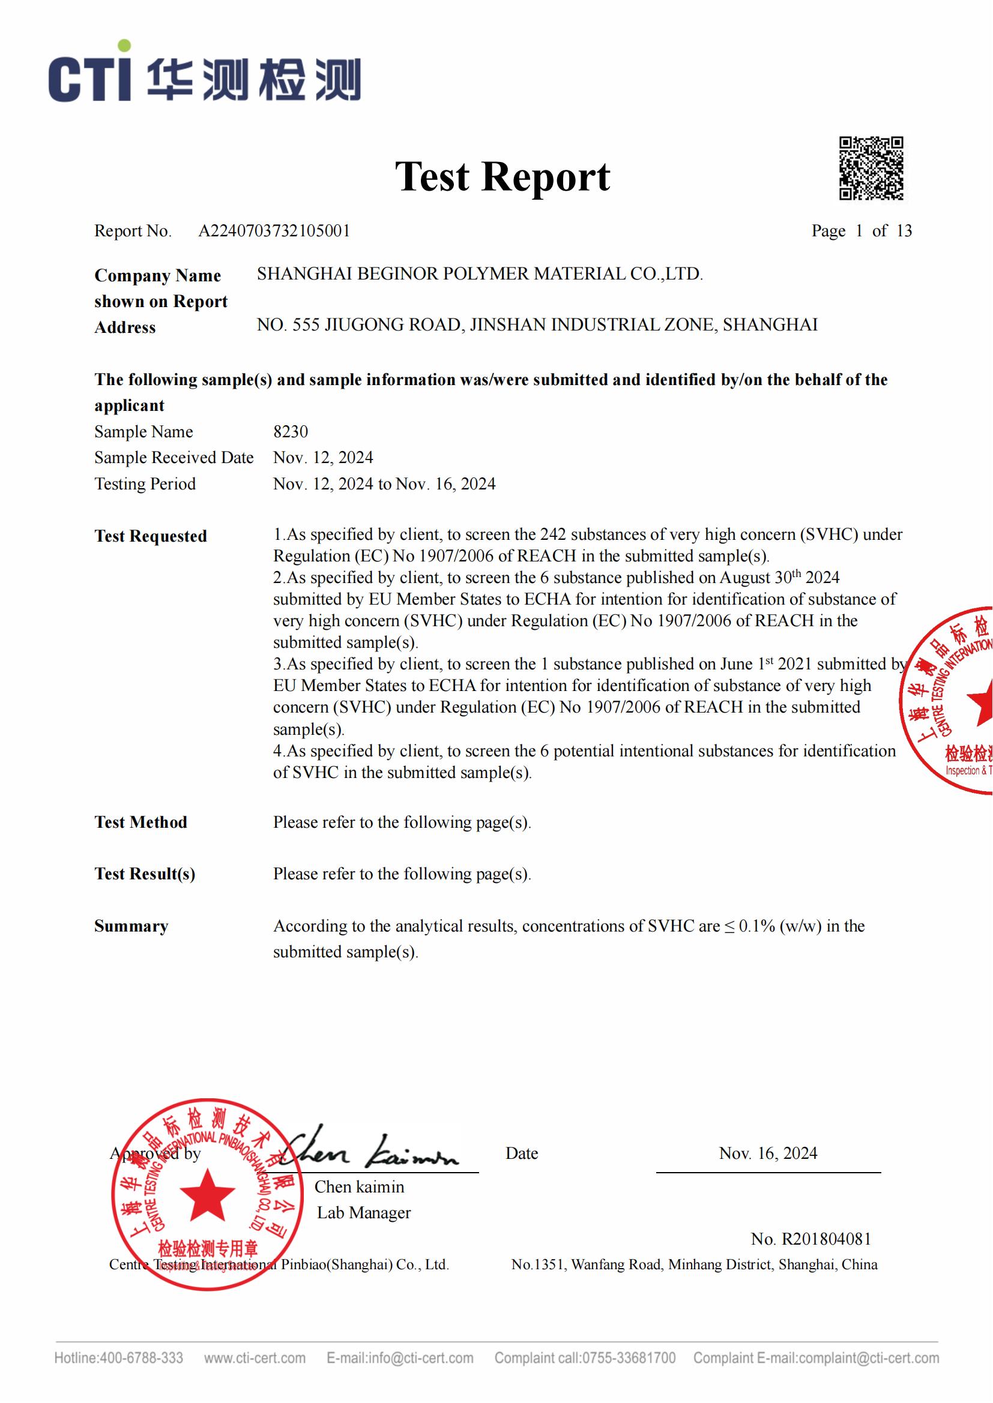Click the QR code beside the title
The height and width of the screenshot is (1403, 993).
pos(871,168)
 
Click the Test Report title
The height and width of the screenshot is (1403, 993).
pos(502,176)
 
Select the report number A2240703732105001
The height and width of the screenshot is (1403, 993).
pos(274,231)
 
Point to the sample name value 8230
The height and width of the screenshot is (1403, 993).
pos(291,432)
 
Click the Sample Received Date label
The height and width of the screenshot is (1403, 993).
pos(174,458)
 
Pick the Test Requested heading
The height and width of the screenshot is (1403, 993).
pos(151,536)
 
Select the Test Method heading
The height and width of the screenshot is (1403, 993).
pos(140,822)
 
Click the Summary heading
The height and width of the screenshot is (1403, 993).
pos(131,926)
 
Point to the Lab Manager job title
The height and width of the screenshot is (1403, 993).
pos(364,1213)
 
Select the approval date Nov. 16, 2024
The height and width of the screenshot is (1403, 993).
pos(768,1153)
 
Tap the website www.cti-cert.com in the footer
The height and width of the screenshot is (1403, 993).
pos(255,1359)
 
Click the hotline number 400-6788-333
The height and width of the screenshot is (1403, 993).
pos(141,1359)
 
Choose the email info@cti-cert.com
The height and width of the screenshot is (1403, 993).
pos(421,1359)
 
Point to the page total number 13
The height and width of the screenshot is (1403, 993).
pos(904,231)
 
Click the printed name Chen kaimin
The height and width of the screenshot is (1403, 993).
pos(359,1187)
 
